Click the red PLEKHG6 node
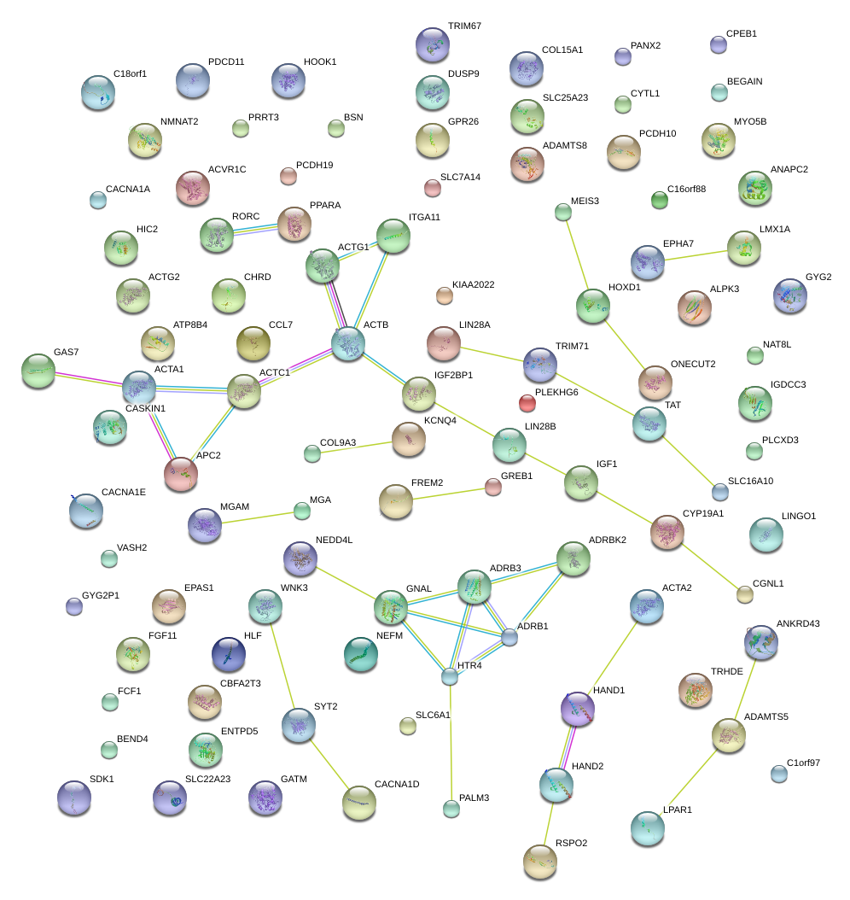point(527,402)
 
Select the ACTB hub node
point(348,342)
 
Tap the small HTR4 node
point(450,677)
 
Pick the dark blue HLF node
point(228,653)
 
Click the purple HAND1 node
point(578,709)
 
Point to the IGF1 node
point(581,483)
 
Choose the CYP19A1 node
point(667,531)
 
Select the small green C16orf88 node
point(659,200)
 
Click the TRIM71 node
point(539,364)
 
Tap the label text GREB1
point(517,476)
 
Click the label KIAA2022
point(474,284)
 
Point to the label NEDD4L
point(334,541)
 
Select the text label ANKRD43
point(797,624)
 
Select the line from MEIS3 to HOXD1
point(577,257)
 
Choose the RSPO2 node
point(539,861)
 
